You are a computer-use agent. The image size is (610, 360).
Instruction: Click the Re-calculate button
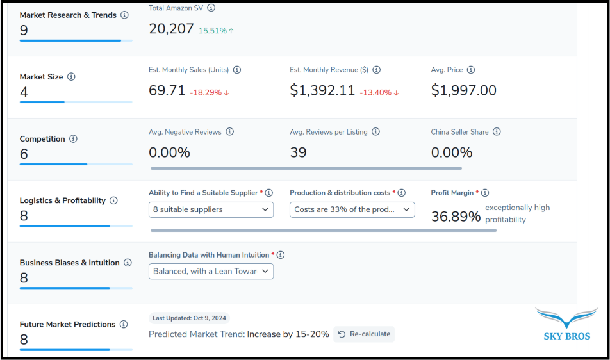[364, 334]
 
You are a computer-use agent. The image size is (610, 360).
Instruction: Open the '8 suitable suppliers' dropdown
[211, 209]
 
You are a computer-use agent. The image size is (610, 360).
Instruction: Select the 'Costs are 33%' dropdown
[352, 209]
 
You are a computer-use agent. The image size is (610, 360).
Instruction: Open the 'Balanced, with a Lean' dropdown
[211, 272]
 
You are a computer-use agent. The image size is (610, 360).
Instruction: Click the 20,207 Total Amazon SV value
[171, 29]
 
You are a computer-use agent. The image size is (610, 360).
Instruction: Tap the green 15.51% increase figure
[216, 31]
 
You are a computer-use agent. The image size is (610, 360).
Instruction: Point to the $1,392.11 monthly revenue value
[322, 91]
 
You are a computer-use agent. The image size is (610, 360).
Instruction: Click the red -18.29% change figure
[210, 92]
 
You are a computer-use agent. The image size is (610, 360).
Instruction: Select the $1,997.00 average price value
[463, 91]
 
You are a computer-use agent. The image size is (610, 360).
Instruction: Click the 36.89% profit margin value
[456, 217]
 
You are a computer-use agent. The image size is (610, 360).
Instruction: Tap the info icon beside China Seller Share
[497, 132]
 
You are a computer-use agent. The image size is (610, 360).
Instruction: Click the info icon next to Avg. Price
[471, 70]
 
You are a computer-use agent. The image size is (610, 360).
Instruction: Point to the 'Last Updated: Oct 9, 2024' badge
[190, 318]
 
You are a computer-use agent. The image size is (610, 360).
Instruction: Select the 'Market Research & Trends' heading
[69, 15]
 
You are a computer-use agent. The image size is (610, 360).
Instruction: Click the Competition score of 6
[24, 154]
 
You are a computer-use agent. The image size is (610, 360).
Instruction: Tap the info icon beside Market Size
[71, 77]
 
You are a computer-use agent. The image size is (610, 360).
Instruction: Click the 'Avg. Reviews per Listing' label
[329, 132]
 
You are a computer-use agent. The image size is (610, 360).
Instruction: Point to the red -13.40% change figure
[379, 92]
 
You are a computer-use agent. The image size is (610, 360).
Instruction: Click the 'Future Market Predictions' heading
[68, 324]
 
